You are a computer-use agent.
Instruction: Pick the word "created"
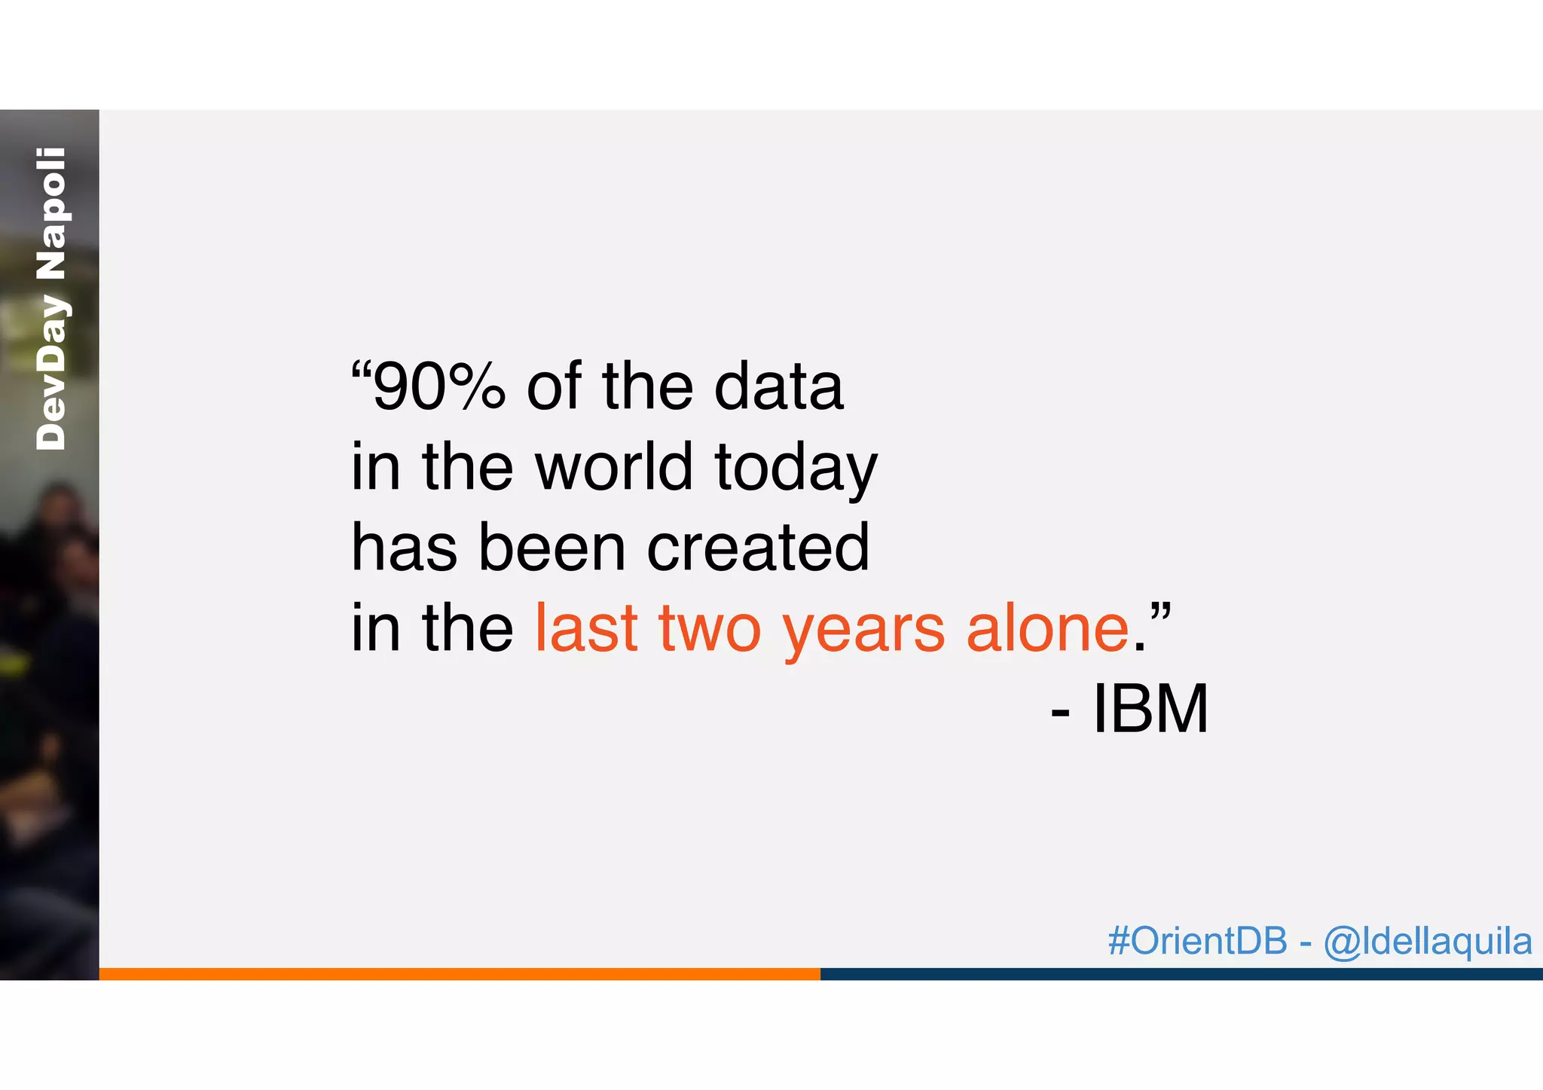tap(758, 547)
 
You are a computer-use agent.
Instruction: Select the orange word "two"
tap(710, 629)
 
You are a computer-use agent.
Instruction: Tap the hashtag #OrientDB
tap(1197, 941)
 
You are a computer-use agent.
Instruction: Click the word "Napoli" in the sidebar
tap(51, 213)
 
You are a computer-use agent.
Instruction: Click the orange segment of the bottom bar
tap(460, 974)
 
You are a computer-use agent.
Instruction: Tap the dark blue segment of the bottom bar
tap(1181, 974)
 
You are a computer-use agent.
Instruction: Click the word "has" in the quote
tap(404, 547)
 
